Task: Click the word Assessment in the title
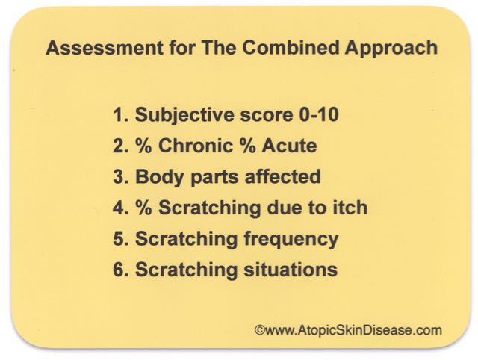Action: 105,48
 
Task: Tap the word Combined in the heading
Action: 291,48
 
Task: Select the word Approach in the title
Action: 391,49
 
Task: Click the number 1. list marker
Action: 120,115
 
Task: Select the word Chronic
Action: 196,146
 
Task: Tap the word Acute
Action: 289,146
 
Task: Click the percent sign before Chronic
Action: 143,146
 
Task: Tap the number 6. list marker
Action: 120,270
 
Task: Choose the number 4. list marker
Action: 120,208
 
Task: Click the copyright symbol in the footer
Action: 260,330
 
